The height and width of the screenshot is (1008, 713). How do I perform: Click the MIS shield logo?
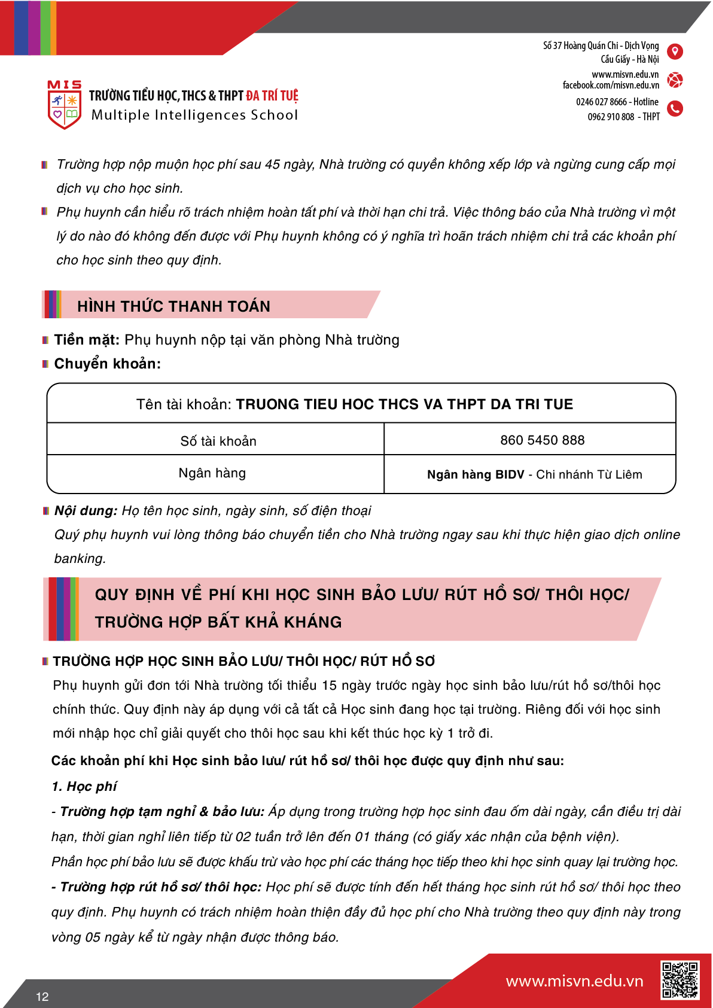click(65, 105)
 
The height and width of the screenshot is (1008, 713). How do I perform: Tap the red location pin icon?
click(675, 51)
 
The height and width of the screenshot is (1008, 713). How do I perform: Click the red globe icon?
click(675, 80)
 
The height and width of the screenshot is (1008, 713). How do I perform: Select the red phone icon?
click(675, 108)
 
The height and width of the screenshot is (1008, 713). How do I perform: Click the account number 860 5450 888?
click(542, 440)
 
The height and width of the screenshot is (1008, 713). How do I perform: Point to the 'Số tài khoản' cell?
click(218, 441)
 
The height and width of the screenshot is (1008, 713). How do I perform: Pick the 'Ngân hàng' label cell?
click(212, 473)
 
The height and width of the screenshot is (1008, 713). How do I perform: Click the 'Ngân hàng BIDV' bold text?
click(476, 474)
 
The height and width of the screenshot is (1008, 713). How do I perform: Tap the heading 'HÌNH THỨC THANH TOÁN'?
click(173, 306)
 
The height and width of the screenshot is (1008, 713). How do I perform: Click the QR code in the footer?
click(680, 980)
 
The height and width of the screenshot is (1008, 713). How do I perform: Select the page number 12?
click(42, 997)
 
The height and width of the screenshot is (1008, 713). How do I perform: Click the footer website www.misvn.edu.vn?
click(574, 981)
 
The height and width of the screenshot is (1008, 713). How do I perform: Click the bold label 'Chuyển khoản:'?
click(108, 364)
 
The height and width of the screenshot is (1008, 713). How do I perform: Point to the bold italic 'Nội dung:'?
click(86, 511)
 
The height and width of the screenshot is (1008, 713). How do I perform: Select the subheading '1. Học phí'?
click(84, 786)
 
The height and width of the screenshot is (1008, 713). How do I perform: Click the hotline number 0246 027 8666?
click(601, 102)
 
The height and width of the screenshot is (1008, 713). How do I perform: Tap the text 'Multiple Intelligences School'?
click(194, 115)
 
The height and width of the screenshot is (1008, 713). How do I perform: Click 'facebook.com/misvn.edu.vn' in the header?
click(611, 86)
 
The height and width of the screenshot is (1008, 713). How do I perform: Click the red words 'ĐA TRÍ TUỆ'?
click(272, 96)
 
